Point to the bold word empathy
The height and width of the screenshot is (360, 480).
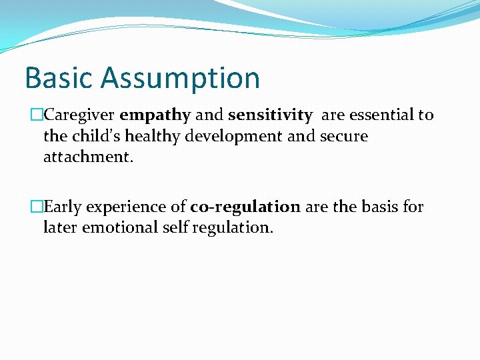[155, 115]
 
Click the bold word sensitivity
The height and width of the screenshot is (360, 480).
[270, 115]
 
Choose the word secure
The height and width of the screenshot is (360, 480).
[343, 137]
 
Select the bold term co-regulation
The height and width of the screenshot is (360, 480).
[245, 207]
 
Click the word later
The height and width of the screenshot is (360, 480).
[59, 227]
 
